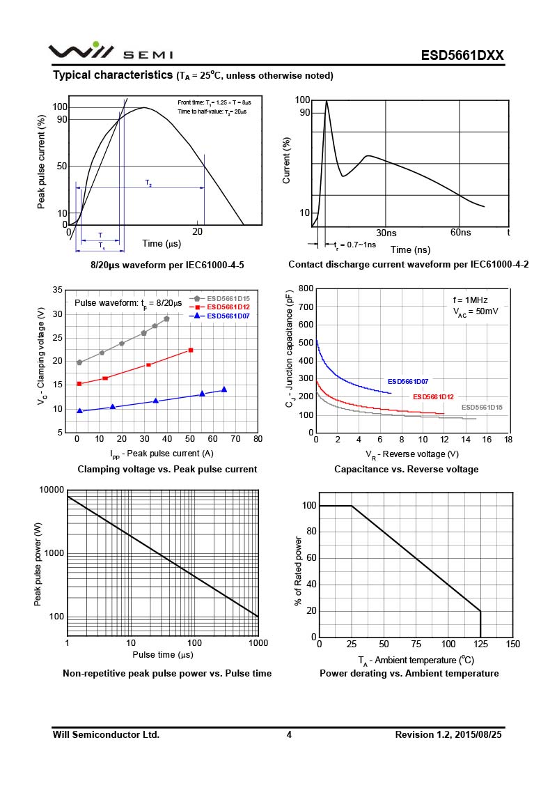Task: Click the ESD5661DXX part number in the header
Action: pos(462,56)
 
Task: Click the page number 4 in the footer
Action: pos(288,734)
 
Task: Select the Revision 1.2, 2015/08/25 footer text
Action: pos(448,734)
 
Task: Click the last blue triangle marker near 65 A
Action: pos(224,389)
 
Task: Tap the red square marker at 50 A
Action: pos(191,350)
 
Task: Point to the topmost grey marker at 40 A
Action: pos(166,318)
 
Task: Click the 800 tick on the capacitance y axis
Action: pos(305,288)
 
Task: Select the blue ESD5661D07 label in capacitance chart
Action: pos(408,381)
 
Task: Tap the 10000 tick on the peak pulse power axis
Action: pos(51,490)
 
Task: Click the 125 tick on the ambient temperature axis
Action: pos(481,644)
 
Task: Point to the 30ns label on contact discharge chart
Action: pos(386,232)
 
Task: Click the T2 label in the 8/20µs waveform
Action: pos(148,183)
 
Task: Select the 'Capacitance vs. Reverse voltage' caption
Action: pos(406,469)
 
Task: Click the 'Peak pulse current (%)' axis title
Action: pos(42,163)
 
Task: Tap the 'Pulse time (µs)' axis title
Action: pos(162,655)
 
